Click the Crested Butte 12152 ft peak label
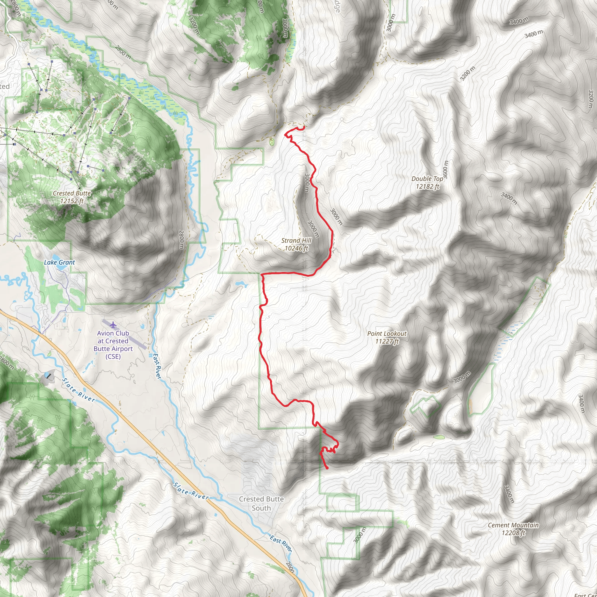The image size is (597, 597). pyautogui.click(x=72, y=197)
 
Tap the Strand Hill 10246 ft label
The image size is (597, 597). pyautogui.click(x=296, y=244)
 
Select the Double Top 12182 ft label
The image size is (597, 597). pyautogui.click(x=427, y=182)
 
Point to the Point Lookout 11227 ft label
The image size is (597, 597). pyautogui.click(x=387, y=338)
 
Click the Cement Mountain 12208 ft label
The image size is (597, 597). pyautogui.click(x=513, y=529)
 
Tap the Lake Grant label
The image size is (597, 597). pyautogui.click(x=59, y=263)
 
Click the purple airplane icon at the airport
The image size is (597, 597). pyautogui.click(x=113, y=325)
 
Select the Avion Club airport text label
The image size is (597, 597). pyautogui.click(x=113, y=345)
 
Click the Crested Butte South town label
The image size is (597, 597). pyautogui.click(x=261, y=503)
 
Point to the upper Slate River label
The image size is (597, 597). pyautogui.click(x=78, y=390)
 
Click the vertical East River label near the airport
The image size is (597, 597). pyautogui.click(x=157, y=366)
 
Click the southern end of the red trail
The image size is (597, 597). pyautogui.click(x=327, y=468)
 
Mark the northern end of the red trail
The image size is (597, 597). pyautogui.click(x=304, y=127)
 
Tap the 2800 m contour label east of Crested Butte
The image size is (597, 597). pyautogui.click(x=181, y=240)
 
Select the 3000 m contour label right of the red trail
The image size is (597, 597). pyautogui.click(x=336, y=217)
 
